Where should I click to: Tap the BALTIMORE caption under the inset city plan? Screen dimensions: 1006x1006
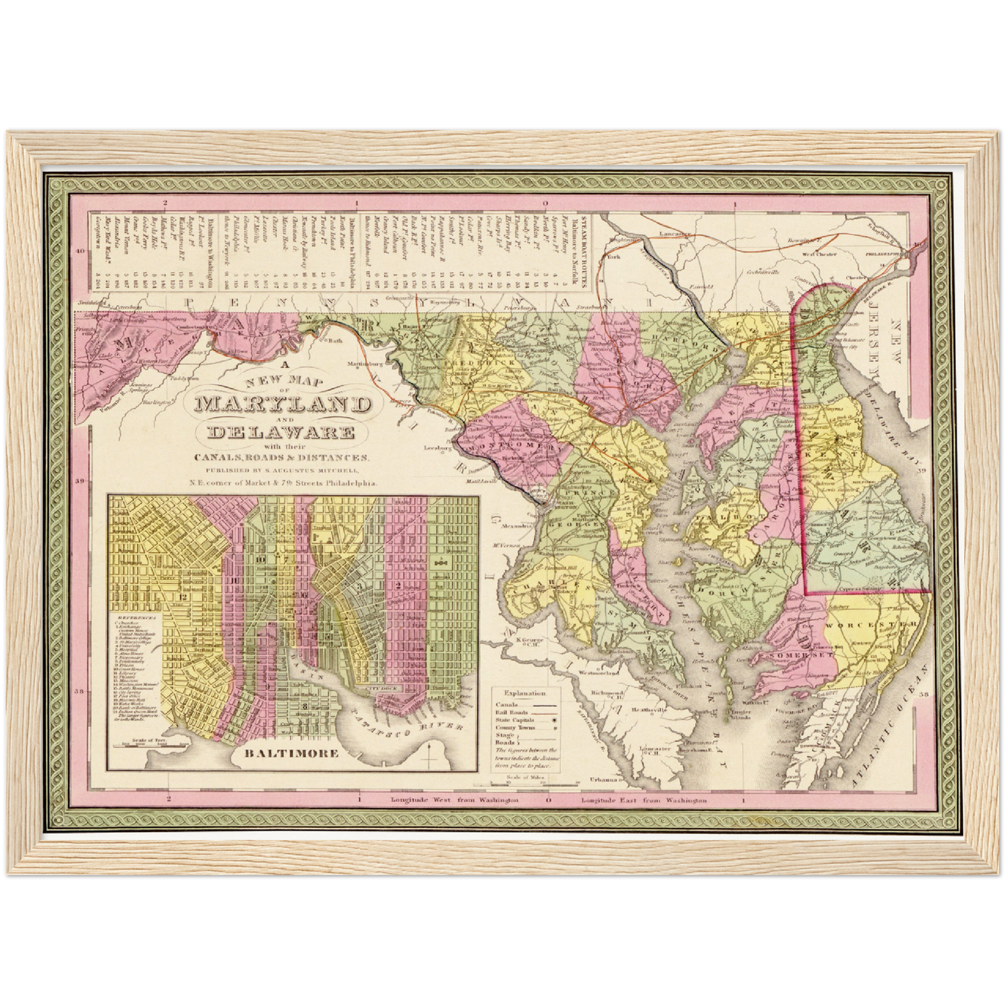click(x=292, y=753)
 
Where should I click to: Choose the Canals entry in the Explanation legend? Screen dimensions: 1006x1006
click(x=510, y=705)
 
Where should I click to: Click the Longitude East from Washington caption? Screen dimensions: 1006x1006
click(x=644, y=801)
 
